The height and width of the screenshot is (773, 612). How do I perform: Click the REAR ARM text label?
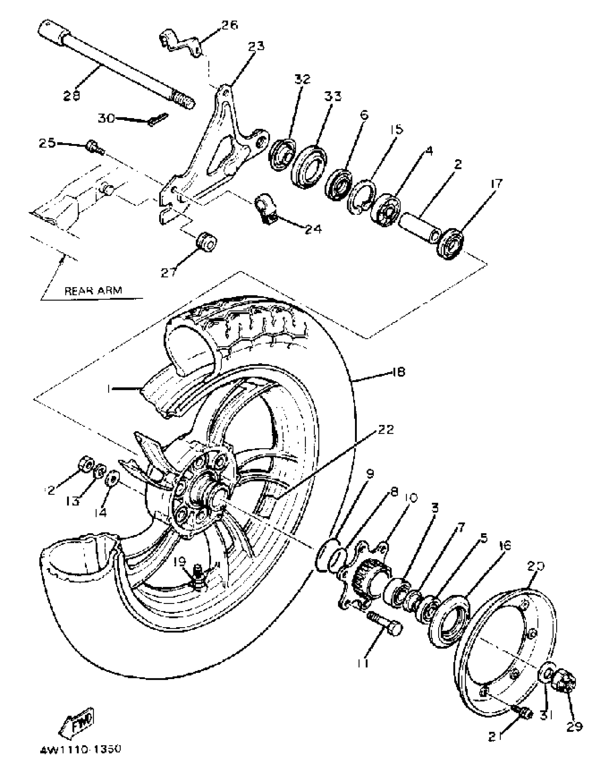pyautogui.click(x=93, y=290)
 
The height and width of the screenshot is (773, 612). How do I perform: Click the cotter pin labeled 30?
pyautogui.click(x=158, y=120)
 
